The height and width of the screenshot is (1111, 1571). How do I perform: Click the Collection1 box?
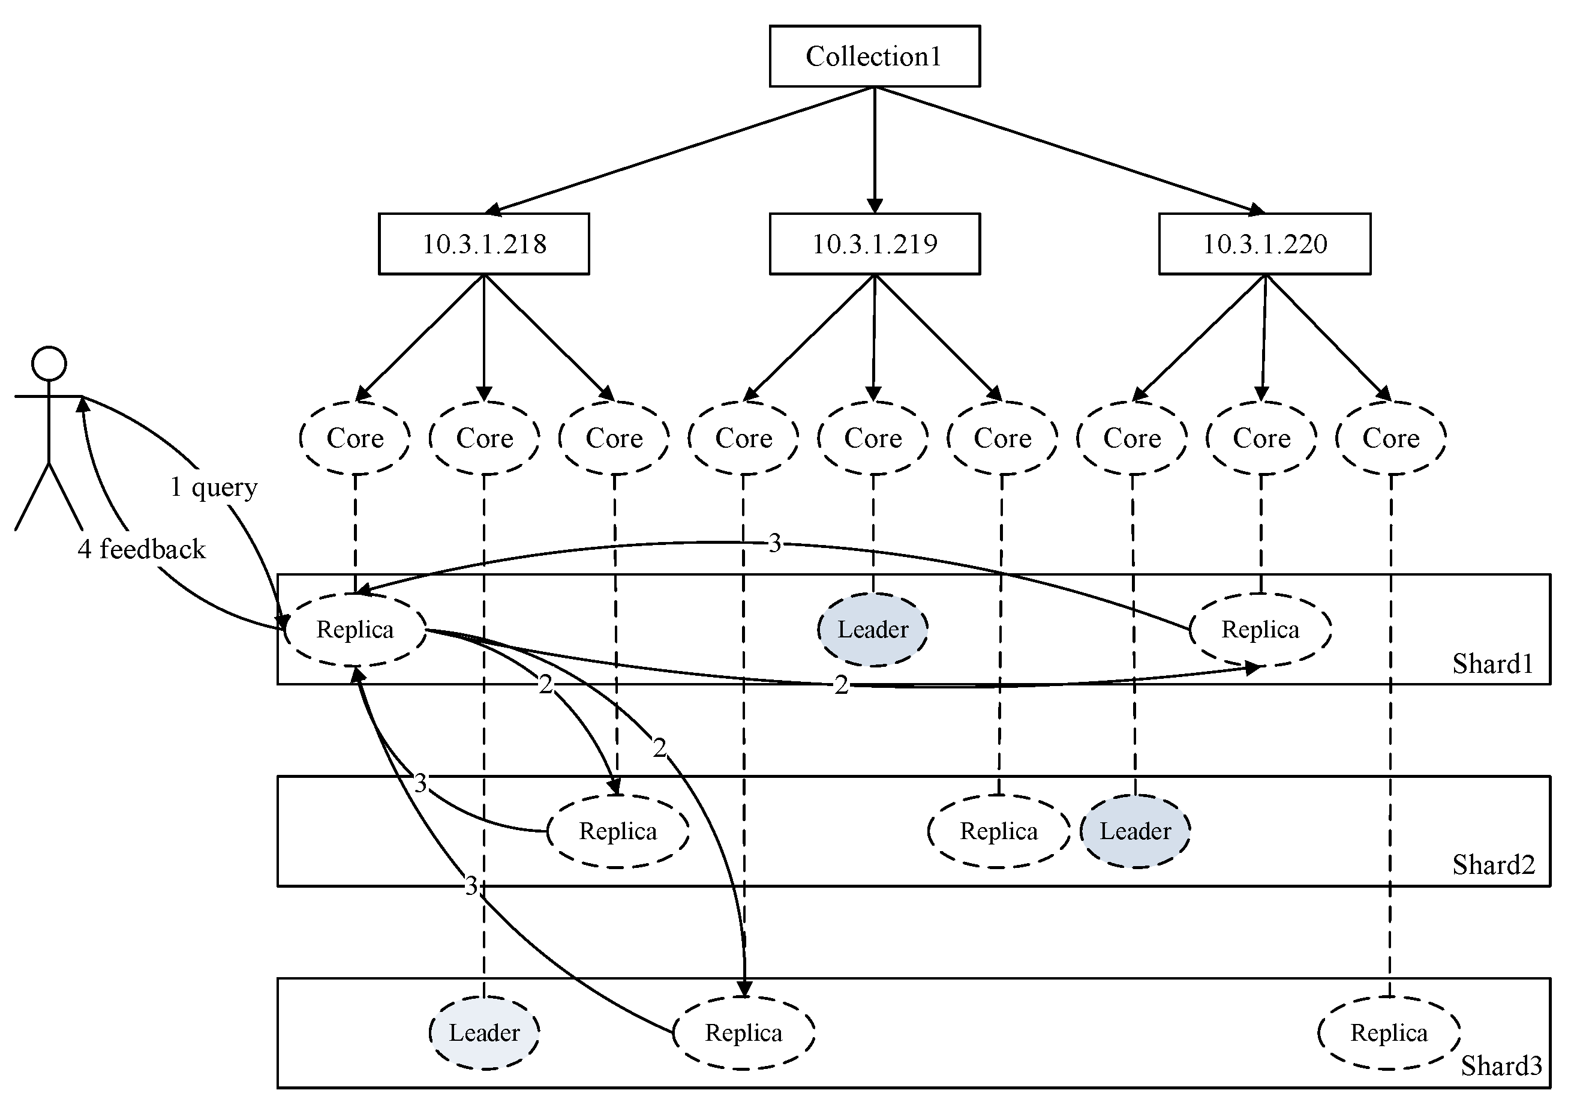click(x=874, y=56)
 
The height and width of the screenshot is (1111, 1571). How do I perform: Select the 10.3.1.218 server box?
click(x=483, y=244)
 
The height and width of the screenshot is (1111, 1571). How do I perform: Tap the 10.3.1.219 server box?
click(x=874, y=244)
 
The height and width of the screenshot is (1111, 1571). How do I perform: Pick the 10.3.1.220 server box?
click(x=1264, y=244)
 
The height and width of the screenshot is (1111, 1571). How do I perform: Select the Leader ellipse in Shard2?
click(x=1135, y=832)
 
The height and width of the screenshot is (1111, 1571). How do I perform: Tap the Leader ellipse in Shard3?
click(x=483, y=1033)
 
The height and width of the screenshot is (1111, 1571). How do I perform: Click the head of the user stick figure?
click(x=49, y=364)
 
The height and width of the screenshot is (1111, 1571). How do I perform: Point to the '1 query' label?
click(x=214, y=487)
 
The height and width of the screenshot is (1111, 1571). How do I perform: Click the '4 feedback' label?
click(x=142, y=550)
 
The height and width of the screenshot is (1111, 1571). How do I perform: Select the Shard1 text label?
click(x=1493, y=664)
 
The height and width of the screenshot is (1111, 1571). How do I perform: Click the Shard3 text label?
click(x=1501, y=1066)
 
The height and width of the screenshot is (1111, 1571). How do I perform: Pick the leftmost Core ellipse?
click(x=355, y=438)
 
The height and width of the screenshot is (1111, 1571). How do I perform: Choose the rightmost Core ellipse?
click(x=1390, y=438)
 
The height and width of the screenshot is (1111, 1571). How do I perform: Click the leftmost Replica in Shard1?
click(x=355, y=630)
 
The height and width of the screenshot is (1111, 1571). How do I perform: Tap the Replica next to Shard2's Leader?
click(x=998, y=832)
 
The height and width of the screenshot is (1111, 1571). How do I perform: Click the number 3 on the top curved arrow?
click(x=774, y=544)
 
